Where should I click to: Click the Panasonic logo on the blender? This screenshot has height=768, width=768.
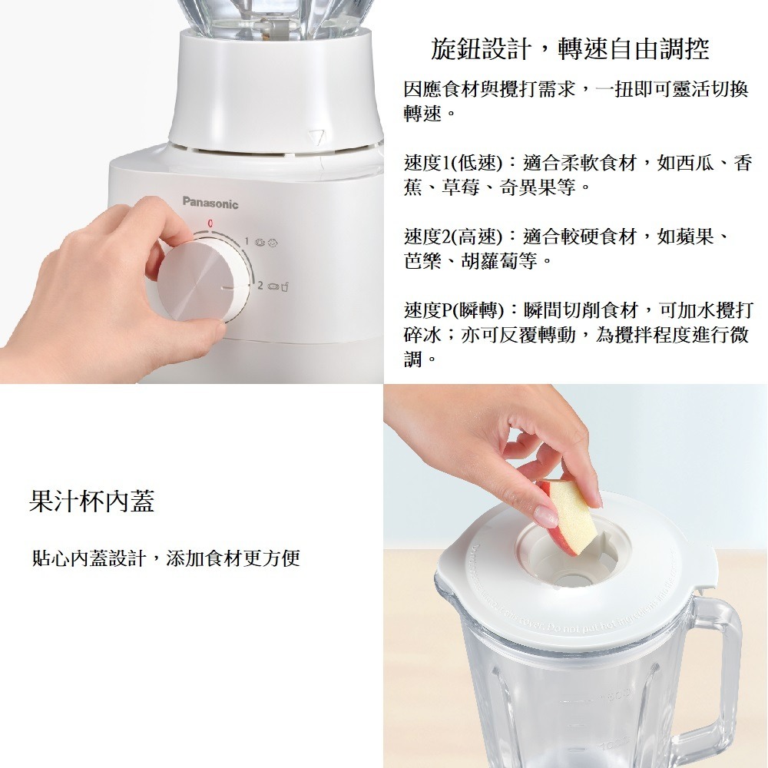210,204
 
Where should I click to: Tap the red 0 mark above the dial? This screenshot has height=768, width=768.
209,223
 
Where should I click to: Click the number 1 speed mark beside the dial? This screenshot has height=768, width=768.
247,242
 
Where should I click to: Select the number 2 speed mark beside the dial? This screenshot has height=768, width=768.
260,286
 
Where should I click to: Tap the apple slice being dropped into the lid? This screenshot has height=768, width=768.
569,514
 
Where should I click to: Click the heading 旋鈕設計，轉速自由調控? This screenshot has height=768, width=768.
569,50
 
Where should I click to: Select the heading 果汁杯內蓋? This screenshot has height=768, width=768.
91,501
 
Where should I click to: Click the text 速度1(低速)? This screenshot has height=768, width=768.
452,164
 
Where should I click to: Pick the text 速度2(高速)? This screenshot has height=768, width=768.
452,237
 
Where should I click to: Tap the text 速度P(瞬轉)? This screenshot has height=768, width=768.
453,311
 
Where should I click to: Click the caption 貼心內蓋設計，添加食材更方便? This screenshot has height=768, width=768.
165,558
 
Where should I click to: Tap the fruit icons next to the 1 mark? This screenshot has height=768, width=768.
265,243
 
